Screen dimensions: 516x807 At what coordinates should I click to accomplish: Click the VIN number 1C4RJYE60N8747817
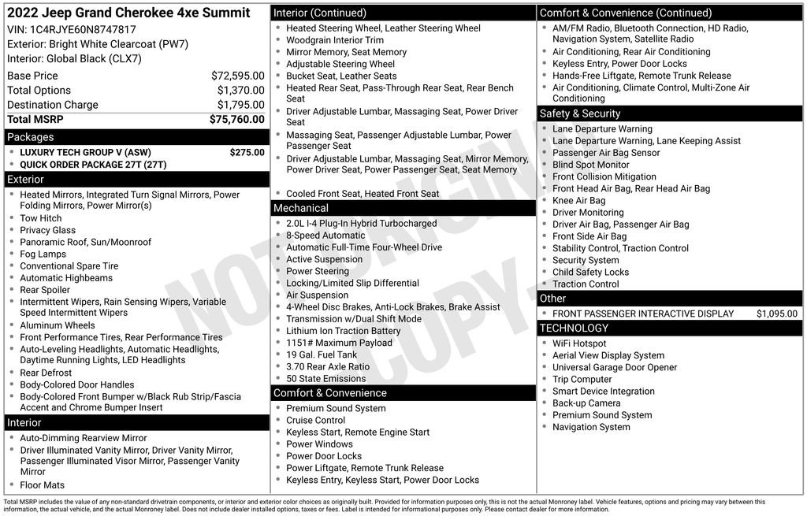click(x=83, y=29)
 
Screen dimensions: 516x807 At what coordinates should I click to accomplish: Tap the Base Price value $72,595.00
click(x=237, y=76)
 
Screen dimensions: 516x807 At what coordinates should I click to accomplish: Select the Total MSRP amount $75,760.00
click(x=236, y=119)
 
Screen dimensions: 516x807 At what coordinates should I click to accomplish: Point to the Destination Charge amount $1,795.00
click(x=240, y=105)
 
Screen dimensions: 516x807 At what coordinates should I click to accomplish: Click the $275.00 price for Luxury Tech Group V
click(x=247, y=152)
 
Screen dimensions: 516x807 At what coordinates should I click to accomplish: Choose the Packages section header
click(x=31, y=137)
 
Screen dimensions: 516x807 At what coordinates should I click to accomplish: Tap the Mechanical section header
click(x=300, y=208)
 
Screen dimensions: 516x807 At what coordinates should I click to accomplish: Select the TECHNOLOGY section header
click(x=574, y=328)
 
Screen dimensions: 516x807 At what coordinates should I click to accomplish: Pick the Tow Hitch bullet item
click(x=41, y=218)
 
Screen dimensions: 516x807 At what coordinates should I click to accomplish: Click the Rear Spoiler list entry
click(x=45, y=290)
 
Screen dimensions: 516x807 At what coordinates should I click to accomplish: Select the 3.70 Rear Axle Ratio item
click(x=328, y=366)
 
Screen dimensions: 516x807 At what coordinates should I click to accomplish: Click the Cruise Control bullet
click(x=315, y=420)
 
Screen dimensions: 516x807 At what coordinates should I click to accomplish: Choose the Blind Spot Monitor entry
click(x=590, y=165)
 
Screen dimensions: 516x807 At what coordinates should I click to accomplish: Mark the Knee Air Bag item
click(x=578, y=200)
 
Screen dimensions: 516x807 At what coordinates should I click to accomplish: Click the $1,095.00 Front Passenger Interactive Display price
click(x=776, y=314)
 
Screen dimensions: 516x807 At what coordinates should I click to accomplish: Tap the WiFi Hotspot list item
click(x=579, y=343)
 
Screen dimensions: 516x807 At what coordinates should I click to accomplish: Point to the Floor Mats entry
click(x=43, y=484)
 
